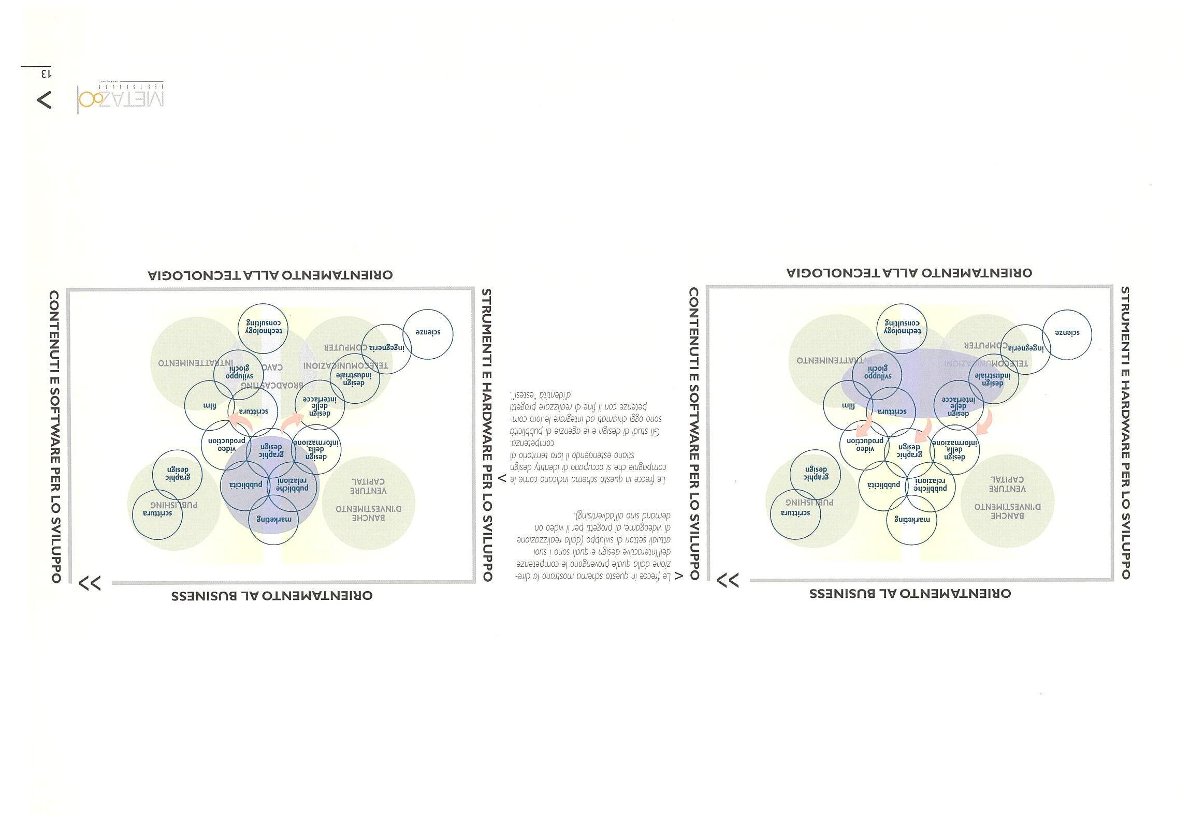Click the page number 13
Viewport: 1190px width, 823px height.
pos(46,74)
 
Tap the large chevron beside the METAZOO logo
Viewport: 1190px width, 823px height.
pos(45,99)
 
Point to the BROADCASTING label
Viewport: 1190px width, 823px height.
pos(272,385)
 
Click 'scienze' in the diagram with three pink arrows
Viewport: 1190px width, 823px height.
pos(1067,333)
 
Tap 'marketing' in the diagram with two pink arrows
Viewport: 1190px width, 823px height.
pos(274,519)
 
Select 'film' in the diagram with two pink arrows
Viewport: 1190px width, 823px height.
pos(209,406)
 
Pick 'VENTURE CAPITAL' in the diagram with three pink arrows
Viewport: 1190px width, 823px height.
pos(1007,484)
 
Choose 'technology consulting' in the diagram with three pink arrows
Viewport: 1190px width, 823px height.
pos(902,327)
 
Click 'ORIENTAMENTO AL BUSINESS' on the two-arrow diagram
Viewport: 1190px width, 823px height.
pos(272,596)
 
